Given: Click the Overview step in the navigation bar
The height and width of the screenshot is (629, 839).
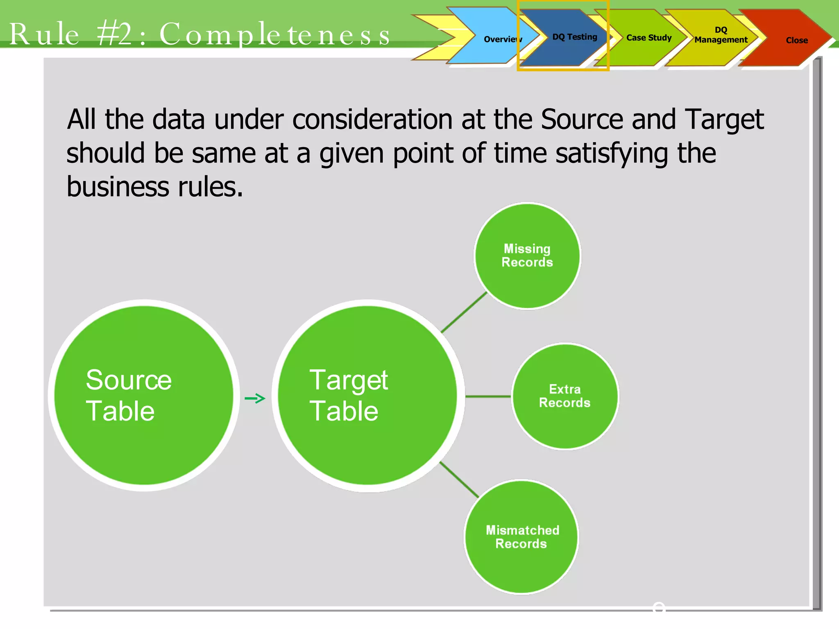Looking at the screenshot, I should point(502,39).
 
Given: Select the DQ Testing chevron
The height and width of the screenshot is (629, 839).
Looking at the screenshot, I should point(574,37).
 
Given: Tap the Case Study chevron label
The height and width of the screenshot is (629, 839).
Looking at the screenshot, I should point(649,38).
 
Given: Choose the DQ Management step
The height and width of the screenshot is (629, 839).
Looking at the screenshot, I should point(721,35).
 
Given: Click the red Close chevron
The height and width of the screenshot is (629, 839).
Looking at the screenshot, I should point(796,40).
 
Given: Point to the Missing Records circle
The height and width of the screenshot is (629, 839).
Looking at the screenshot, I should point(527,256).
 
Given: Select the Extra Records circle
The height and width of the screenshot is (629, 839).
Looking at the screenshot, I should point(565,396).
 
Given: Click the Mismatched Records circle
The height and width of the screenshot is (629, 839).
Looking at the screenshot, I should point(522,536).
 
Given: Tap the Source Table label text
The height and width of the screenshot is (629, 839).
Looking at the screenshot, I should point(128,395).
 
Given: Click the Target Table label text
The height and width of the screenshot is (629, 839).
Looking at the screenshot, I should point(348,395).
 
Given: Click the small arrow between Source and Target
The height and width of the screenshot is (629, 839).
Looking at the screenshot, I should point(255,398).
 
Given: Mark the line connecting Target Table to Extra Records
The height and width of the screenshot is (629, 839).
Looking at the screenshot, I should point(488,396).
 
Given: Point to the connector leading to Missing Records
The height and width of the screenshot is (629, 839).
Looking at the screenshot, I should point(464,312).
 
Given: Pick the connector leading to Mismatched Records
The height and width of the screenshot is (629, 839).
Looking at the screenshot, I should point(459,480).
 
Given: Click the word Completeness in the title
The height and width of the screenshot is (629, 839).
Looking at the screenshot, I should point(274,34).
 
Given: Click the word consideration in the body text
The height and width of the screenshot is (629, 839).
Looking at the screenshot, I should point(372,120).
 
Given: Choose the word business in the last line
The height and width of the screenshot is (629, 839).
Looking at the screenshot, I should point(118,187).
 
